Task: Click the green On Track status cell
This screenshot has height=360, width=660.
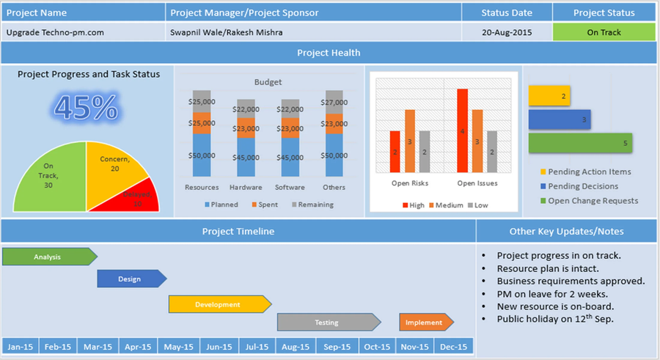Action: (604, 32)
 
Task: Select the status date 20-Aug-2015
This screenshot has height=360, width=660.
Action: (507, 32)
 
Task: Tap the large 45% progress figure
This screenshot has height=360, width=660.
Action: (86, 108)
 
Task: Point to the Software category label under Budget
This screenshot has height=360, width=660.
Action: (290, 187)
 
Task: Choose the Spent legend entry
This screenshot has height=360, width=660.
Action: (265, 205)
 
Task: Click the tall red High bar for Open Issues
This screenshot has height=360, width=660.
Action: (462, 132)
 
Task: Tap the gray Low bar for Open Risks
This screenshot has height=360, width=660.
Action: (425, 153)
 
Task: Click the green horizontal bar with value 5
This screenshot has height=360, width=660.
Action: (580, 143)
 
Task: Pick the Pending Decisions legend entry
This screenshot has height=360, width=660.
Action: (582, 186)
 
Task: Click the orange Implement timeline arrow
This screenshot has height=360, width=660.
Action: (425, 323)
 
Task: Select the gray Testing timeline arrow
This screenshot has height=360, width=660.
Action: (328, 323)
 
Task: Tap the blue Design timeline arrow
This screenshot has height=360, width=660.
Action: (131, 279)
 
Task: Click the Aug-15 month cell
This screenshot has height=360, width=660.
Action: (296, 347)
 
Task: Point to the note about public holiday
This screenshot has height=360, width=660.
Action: (555, 319)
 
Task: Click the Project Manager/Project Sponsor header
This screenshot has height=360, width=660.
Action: (244, 12)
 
